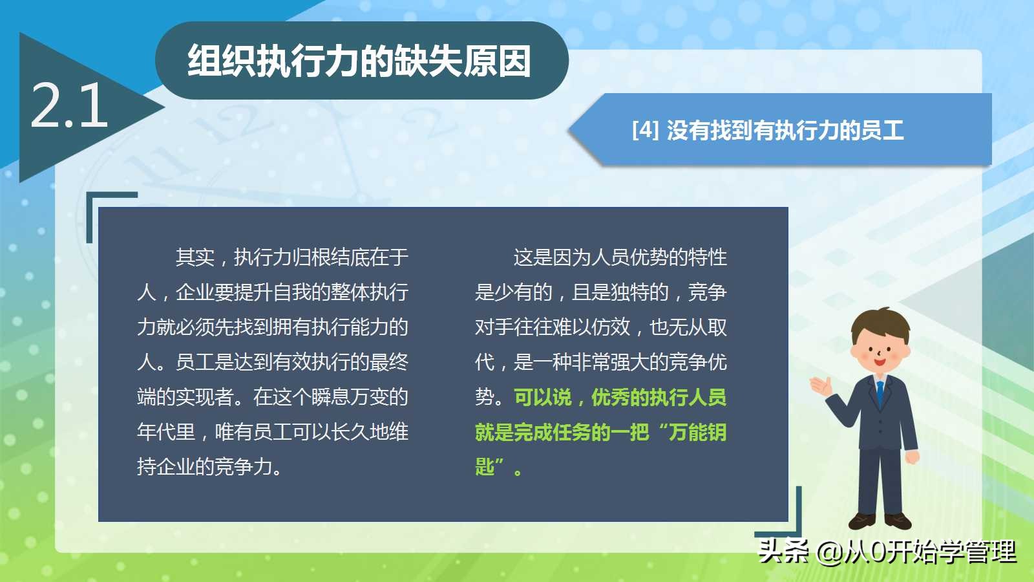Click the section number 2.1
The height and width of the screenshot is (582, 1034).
click(69, 105)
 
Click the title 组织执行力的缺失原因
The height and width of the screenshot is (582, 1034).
click(359, 61)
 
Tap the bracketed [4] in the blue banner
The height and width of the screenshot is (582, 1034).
click(646, 130)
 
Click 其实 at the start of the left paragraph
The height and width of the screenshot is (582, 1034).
click(195, 257)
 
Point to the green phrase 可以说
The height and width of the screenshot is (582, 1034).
click(543, 397)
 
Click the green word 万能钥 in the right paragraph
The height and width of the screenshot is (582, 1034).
click(697, 433)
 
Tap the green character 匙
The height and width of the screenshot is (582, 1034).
click(485, 467)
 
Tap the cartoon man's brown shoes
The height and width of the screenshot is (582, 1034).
click(880, 521)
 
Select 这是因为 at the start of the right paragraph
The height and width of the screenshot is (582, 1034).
click(552, 257)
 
